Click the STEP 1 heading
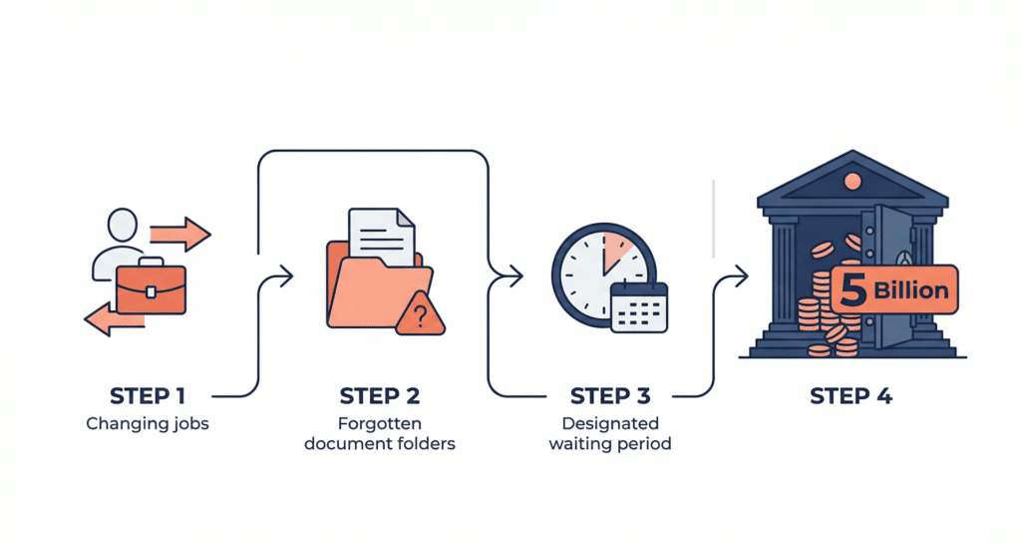pyautogui.click(x=148, y=396)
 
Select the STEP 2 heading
pyautogui.click(x=380, y=396)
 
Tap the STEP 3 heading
pyautogui.click(x=610, y=396)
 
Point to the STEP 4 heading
pyautogui.click(x=851, y=396)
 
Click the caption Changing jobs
pyautogui.click(x=148, y=424)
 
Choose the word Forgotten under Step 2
pyautogui.click(x=380, y=423)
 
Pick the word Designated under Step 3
pyautogui.click(x=610, y=423)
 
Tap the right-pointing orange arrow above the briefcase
pyautogui.click(x=180, y=235)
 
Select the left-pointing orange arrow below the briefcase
pyautogui.click(x=115, y=319)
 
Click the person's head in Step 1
pyautogui.click(x=123, y=226)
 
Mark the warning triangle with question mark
pyautogui.click(x=421, y=315)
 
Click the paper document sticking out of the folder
pyautogui.click(x=382, y=235)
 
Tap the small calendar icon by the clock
pyautogui.click(x=639, y=306)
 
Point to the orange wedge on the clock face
pyautogui.click(x=615, y=252)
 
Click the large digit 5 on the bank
pyautogui.click(x=853, y=289)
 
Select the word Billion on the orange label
pyautogui.click(x=911, y=290)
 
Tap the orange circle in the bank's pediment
pyautogui.click(x=852, y=181)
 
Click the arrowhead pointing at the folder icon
pyautogui.click(x=286, y=276)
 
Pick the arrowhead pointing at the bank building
pyautogui.click(x=741, y=277)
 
